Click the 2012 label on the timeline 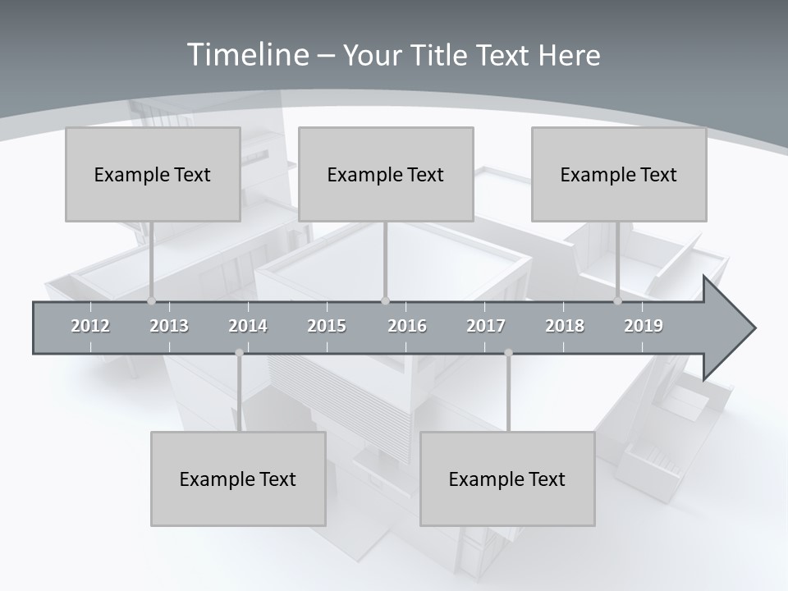tap(90, 326)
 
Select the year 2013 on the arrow tap(169, 326)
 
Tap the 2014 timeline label tap(248, 326)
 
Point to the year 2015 tap(327, 326)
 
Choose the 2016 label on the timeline tap(407, 326)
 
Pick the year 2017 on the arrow tap(486, 326)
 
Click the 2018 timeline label tap(565, 326)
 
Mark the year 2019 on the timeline tap(644, 326)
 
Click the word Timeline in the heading tap(247, 55)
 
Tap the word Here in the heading tap(569, 55)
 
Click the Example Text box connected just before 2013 tap(153, 174)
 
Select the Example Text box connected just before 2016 tap(386, 174)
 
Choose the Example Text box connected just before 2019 tap(619, 174)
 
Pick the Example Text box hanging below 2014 tap(238, 479)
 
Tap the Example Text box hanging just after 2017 tap(507, 479)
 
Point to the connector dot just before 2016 tap(386, 300)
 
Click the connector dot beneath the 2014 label tap(239, 352)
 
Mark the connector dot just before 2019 tap(618, 300)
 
